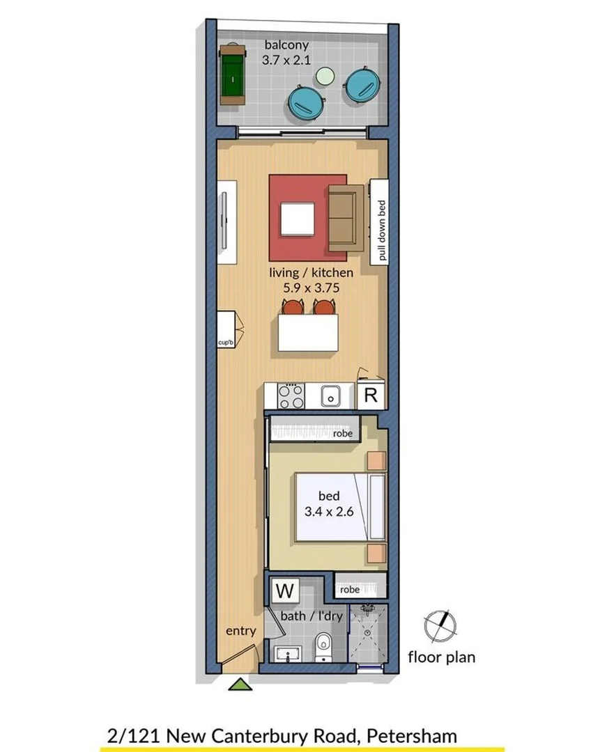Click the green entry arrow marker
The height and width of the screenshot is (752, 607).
tap(240, 684)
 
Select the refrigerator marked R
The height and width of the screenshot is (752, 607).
tap(371, 396)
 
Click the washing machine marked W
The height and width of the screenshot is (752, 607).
tap(284, 591)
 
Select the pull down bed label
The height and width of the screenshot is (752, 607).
tap(381, 230)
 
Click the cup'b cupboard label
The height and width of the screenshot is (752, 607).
tap(224, 343)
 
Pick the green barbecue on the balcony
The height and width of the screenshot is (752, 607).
tap(231, 75)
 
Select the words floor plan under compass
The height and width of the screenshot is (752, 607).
tap(442, 657)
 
